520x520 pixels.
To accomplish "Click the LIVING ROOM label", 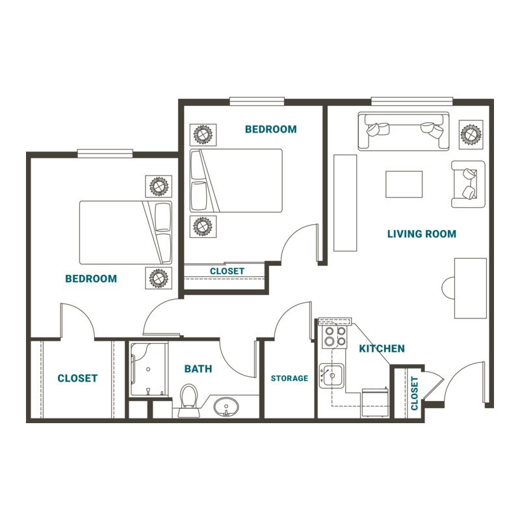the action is pyautogui.click(x=421, y=234).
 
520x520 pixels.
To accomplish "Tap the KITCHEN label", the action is pyautogui.click(x=382, y=348).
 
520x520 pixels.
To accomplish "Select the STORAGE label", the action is pyautogui.click(x=289, y=378).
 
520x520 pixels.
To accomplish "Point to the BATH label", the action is pyautogui.click(x=198, y=369).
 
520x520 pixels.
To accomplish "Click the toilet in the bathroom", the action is pyautogui.click(x=188, y=400).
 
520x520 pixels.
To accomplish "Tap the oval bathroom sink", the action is pyautogui.click(x=226, y=408).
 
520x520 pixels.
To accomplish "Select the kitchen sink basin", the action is pyautogui.click(x=331, y=376).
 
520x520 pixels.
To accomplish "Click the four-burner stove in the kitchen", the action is pyautogui.click(x=334, y=336).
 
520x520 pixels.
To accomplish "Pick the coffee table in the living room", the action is pyautogui.click(x=404, y=185).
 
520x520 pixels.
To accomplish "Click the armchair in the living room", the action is pyautogui.click(x=468, y=184).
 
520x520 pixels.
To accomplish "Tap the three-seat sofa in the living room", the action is pyautogui.click(x=404, y=131).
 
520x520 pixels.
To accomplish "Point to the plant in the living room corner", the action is pyautogui.click(x=471, y=135).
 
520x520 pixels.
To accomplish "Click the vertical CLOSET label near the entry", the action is pyautogui.click(x=415, y=393).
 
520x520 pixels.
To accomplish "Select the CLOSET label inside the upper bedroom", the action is pyautogui.click(x=227, y=271).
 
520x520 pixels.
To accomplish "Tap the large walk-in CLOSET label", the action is pyautogui.click(x=77, y=378).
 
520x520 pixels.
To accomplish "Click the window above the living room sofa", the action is pyautogui.click(x=412, y=101).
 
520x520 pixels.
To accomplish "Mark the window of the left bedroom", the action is pyautogui.click(x=105, y=153).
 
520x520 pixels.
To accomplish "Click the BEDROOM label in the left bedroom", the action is pyautogui.click(x=91, y=279).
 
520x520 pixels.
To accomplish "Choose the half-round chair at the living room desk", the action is pyautogui.click(x=448, y=288).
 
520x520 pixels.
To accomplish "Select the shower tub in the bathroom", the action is pyautogui.click(x=149, y=369).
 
